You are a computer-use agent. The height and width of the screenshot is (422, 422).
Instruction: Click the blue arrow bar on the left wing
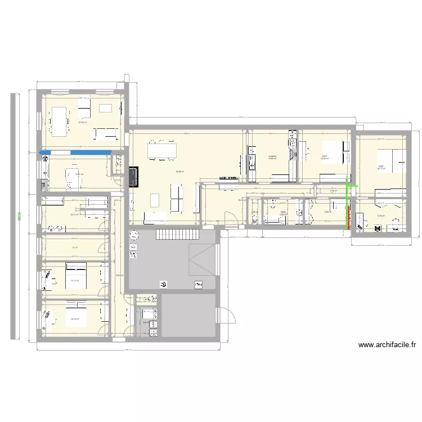[73, 151]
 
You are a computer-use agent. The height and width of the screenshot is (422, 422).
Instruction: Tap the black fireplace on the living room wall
[134, 176]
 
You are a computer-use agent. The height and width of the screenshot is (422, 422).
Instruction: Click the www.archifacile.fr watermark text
[389, 345]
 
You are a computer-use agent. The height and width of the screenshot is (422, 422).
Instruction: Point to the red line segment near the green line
[348, 218]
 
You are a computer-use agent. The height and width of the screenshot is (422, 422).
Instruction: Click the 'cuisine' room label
[272, 156]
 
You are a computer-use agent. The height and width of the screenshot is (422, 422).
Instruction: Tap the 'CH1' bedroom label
[325, 156]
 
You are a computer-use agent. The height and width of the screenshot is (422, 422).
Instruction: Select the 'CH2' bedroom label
[381, 166]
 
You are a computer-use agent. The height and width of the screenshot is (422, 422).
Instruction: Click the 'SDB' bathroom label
[282, 212]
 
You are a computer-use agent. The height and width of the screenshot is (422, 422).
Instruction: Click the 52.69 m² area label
[179, 172]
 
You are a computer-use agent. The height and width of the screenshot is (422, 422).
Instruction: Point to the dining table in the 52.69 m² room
[162, 150]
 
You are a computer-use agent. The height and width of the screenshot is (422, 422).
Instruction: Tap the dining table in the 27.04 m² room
[58, 120]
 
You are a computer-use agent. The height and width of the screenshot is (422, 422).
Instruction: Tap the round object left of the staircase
[134, 235]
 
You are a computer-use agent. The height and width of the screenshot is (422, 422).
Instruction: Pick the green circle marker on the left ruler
[19, 214]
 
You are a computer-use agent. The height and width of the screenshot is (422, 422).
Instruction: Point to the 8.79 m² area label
[380, 216]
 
